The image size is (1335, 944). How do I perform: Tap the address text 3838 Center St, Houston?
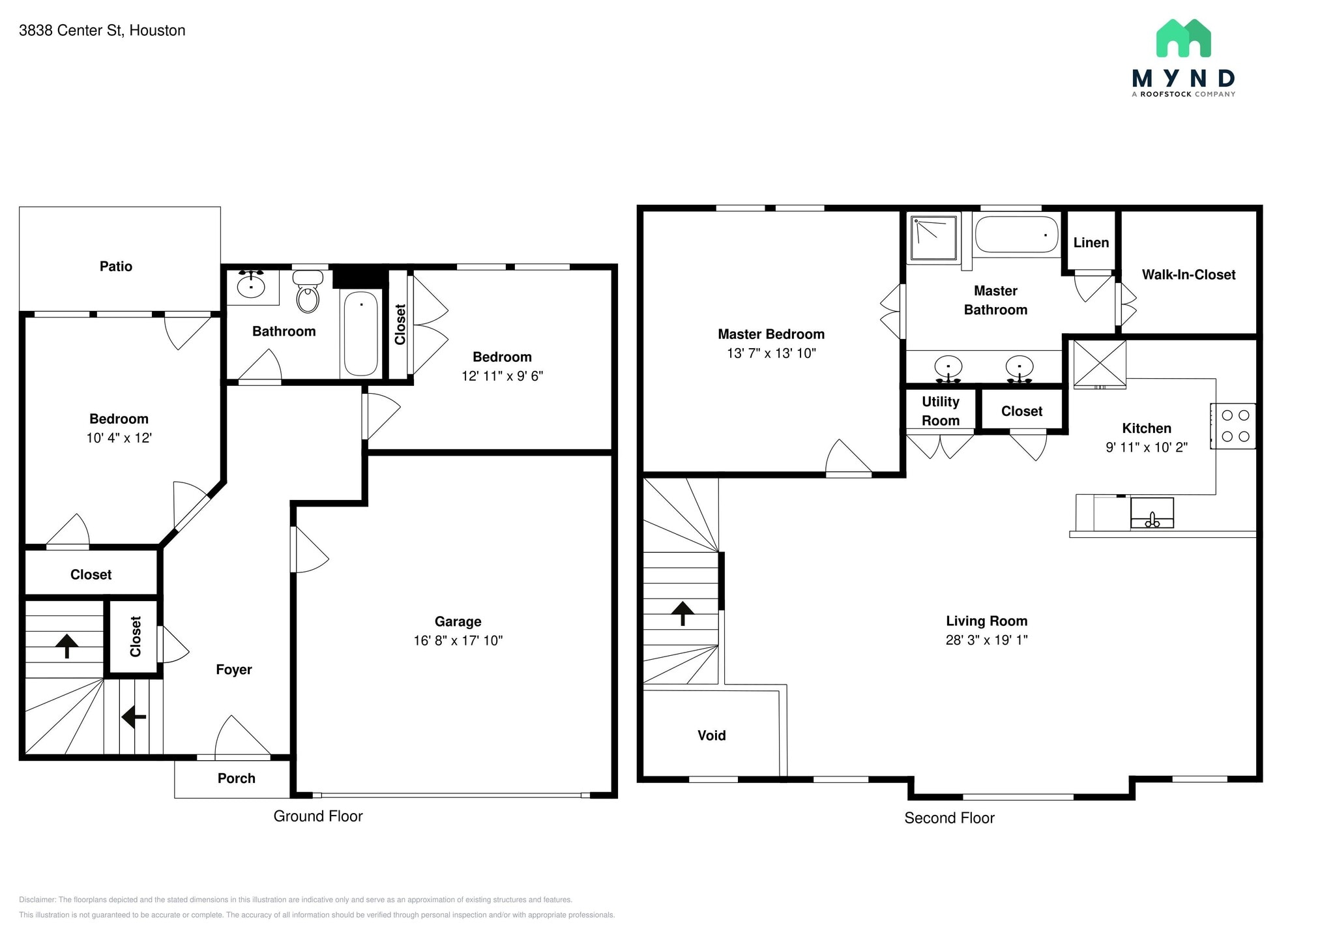click(102, 31)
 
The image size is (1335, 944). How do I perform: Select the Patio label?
click(116, 266)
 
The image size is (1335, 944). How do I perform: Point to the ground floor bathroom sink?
click(251, 285)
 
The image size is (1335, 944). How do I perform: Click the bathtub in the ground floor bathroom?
click(360, 333)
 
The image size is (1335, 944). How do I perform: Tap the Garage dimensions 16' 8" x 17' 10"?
click(458, 640)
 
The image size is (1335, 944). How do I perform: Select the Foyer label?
click(234, 670)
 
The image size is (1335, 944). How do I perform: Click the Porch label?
click(237, 778)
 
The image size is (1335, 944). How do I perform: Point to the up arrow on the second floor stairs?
click(682, 613)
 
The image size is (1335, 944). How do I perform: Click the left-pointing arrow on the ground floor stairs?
click(134, 717)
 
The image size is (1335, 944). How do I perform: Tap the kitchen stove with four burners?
click(1233, 426)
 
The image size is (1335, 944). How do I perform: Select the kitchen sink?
click(1152, 513)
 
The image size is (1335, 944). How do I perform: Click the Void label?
click(712, 735)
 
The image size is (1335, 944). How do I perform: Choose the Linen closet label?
click(1091, 243)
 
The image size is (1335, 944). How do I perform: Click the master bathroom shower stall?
click(935, 239)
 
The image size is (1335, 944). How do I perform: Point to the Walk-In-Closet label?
click(1189, 274)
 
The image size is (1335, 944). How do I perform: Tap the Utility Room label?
click(941, 411)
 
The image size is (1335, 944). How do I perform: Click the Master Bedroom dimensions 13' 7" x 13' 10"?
click(772, 353)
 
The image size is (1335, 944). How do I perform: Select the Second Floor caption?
click(950, 818)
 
